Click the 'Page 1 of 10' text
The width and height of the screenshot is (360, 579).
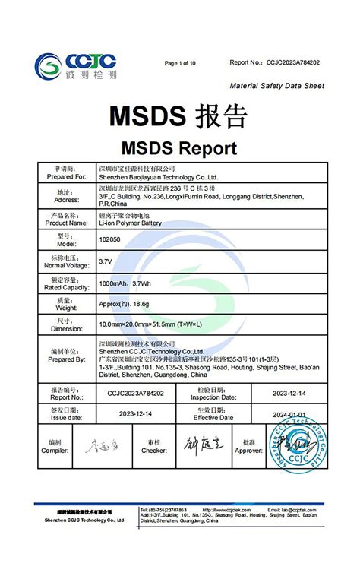(x=180, y=63)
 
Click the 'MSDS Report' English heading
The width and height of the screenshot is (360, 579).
(x=179, y=147)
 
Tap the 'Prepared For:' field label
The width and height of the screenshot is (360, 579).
(x=66, y=176)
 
